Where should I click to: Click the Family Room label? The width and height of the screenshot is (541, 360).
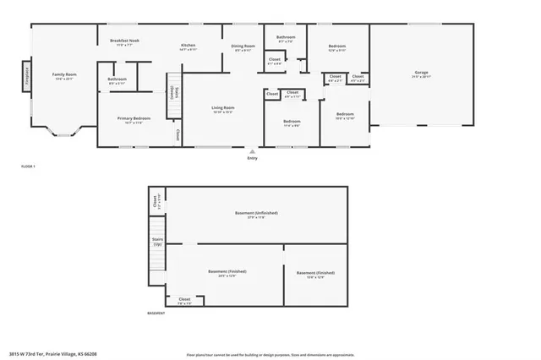[x=59, y=74]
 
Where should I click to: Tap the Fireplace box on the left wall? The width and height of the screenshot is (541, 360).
[x=26, y=76]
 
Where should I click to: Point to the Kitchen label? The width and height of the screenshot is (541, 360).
[x=188, y=46]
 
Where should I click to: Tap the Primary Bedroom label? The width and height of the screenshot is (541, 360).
[x=134, y=118]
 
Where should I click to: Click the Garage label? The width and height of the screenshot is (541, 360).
[x=421, y=72]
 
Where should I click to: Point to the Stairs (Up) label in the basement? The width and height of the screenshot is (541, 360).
[x=157, y=242]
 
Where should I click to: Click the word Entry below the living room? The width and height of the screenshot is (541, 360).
[x=252, y=158]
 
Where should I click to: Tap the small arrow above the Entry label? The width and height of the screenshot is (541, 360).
[x=252, y=151]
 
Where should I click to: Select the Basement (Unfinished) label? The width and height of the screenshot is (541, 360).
[x=256, y=213]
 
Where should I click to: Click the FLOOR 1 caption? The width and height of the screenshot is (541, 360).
[x=28, y=166]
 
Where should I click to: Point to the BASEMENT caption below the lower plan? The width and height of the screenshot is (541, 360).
[x=156, y=313]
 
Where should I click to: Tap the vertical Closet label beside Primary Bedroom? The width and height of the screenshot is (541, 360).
[x=178, y=134]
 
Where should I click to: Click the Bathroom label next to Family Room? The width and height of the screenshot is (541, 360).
[x=117, y=80]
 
